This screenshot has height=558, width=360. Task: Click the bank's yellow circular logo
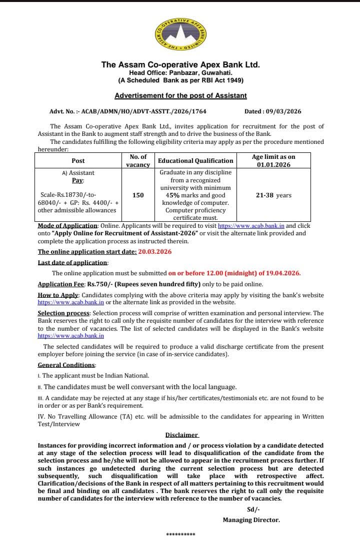(180, 33)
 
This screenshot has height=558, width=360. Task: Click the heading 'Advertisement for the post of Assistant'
(180, 95)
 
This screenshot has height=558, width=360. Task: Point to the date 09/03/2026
(281, 111)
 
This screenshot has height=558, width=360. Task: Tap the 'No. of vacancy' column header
(138, 160)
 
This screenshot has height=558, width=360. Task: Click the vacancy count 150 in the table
(138, 195)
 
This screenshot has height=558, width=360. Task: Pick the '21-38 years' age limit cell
(273, 195)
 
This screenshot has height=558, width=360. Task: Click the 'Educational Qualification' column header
(195, 160)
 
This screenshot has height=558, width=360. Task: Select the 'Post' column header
(78, 160)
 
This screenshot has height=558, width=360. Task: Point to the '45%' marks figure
(173, 195)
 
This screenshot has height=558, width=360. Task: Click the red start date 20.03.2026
(154, 252)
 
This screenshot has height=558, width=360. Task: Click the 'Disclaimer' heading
(181, 435)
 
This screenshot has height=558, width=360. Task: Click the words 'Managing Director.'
(251, 520)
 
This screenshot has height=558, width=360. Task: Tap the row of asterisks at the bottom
(180, 535)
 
